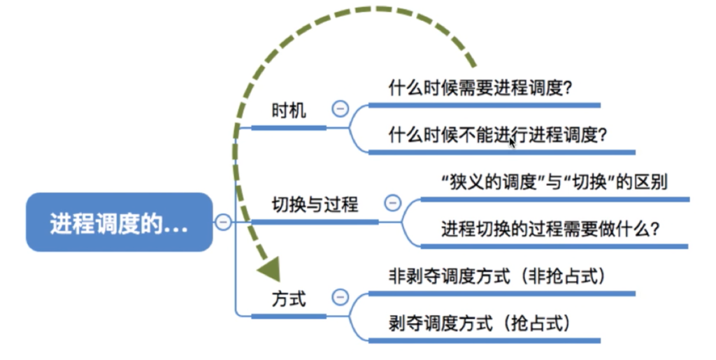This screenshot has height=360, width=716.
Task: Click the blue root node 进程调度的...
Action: [119, 222]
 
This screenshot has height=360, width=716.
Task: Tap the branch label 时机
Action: [289, 110]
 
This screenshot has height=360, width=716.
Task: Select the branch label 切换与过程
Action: [315, 204]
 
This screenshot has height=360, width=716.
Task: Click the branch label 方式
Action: [289, 299]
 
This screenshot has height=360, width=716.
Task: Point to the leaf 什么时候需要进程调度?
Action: [480, 87]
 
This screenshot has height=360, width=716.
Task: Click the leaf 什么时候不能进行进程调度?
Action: [497, 135]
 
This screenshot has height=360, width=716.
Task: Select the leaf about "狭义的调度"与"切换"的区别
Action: [554, 182]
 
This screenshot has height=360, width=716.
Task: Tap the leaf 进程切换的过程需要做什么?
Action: [550, 229]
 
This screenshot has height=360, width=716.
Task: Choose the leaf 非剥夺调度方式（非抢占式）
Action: [497, 276]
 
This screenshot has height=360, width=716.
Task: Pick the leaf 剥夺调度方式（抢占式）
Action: [480, 324]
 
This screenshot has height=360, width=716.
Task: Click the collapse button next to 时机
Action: [340, 108]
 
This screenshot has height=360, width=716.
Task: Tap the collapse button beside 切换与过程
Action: [392, 203]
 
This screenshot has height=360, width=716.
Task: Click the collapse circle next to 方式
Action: [340, 298]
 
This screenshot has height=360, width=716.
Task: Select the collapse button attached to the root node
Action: [223, 222]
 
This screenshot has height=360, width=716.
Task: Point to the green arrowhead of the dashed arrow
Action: [269, 269]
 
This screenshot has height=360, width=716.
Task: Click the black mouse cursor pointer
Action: [512, 142]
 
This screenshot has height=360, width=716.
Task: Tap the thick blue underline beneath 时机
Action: [289, 128]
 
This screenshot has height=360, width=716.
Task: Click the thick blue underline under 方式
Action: [289, 316]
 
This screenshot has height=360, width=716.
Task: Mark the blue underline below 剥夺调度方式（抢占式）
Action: [484, 340]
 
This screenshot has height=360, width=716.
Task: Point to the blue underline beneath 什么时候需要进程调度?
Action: [484, 106]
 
